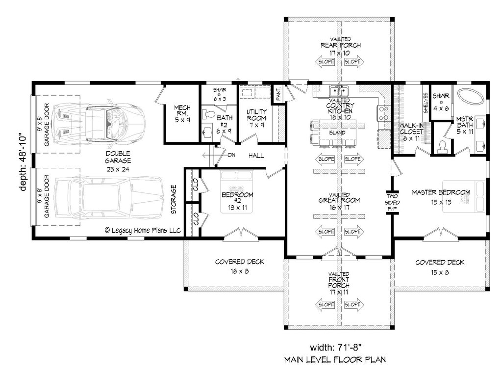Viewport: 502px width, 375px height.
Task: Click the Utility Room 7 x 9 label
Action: tap(256, 118)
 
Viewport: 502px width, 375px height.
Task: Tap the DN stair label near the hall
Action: tap(231, 155)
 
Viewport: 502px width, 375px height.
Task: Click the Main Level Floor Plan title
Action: tap(335, 360)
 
